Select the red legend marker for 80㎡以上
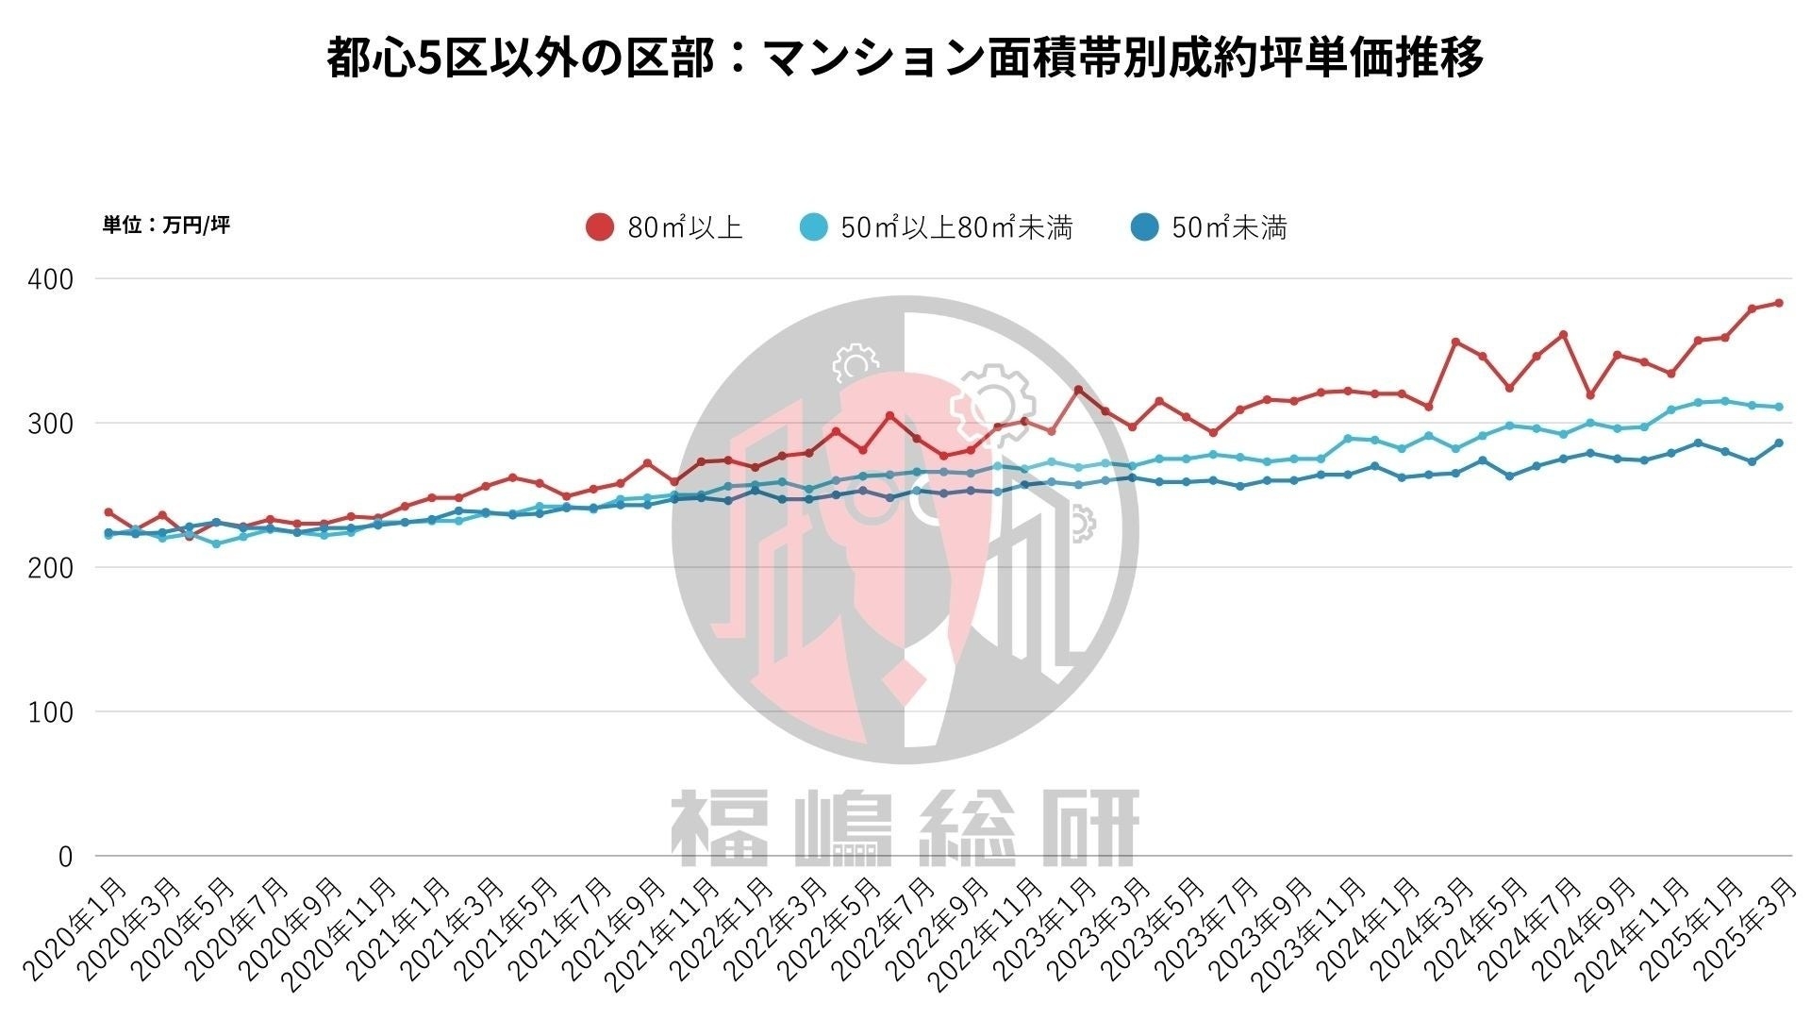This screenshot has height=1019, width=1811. pos(600,227)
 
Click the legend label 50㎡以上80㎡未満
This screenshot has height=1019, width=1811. pos(956,227)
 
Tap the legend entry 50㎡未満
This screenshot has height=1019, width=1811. pos(1229,227)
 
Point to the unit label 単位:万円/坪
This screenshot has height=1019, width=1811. pos(166,225)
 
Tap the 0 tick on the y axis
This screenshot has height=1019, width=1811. pos(65,857)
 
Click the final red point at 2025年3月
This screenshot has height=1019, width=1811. pos(1778,303)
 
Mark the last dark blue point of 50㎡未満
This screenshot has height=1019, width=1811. pos(1778,443)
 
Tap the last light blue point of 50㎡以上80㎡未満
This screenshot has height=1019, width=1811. pos(1778,408)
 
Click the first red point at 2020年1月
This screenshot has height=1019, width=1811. pos(108,512)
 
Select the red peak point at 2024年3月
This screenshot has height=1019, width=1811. pos(1455,342)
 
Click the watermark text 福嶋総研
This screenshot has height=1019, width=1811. pos(905,828)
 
